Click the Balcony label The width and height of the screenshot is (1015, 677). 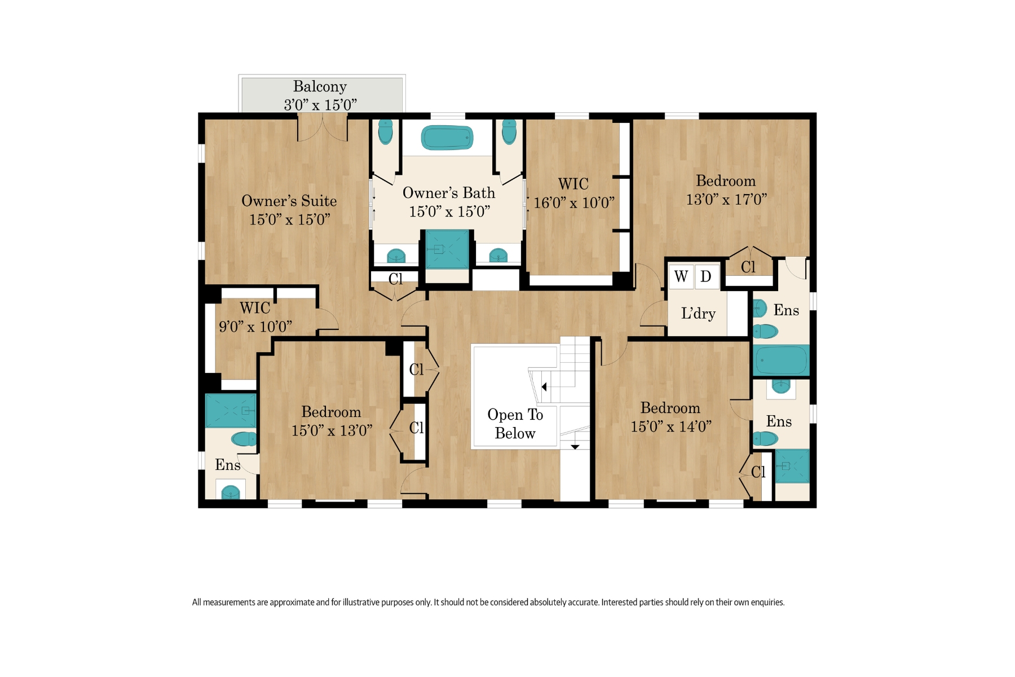[x=320, y=86]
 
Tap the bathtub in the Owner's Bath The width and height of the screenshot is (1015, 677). [x=447, y=138]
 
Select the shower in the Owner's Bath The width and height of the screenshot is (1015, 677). [x=447, y=249]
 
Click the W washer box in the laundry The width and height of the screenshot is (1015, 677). [x=681, y=276]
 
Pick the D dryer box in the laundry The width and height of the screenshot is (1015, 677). [x=706, y=276]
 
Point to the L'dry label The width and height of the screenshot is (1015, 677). [x=698, y=314]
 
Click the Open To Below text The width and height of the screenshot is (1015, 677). [x=515, y=424]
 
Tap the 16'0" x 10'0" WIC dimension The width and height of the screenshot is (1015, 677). [x=574, y=203]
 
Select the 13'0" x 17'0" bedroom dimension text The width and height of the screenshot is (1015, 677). [x=726, y=199]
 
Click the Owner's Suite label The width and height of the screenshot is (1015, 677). [x=289, y=201]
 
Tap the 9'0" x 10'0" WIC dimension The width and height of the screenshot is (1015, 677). [x=255, y=327]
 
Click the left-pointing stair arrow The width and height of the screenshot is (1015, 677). [x=544, y=387]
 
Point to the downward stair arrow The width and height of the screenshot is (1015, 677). [x=575, y=447]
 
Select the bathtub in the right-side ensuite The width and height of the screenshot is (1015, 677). [x=781, y=360]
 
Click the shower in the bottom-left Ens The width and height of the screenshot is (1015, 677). [x=230, y=410]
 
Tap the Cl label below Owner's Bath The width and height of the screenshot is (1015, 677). [x=396, y=279]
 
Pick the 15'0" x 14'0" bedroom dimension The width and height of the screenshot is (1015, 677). [x=671, y=427]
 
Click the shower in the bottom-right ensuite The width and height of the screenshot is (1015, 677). [x=792, y=466]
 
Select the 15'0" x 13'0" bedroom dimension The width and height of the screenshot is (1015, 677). [x=332, y=430]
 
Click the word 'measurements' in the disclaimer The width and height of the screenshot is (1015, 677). [x=228, y=602]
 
